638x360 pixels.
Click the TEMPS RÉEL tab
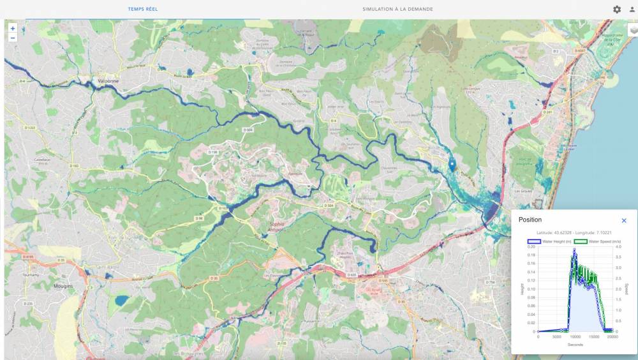[x=142, y=10]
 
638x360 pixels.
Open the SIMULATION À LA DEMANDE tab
[x=397, y=10]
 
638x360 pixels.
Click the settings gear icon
[x=617, y=10]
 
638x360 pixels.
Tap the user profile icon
[x=632, y=10]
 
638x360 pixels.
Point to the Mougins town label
[x=64, y=287]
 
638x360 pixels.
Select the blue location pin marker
[x=452, y=165]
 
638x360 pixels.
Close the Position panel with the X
[x=624, y=221]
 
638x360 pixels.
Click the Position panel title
[x=530, y=220]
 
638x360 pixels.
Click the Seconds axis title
[x=575, y=345]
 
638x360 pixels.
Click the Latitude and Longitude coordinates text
[x=574, y=233]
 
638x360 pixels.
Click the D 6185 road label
[x=29, y=257]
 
